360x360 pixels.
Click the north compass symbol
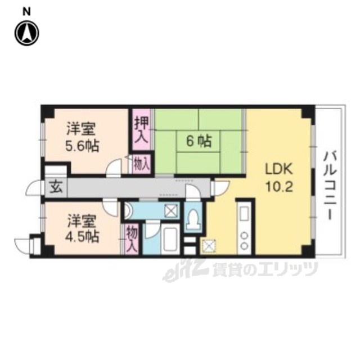pyautogui.click(x=26, y=33)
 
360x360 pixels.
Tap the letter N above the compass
pyautogui.click(x=26, y=12)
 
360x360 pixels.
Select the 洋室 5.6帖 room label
pyautogui.click(x=82, y=137)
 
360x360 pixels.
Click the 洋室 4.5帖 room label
pyautogui.click(x=82, y=229)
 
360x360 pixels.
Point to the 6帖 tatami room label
pyautogui.click(x=199, y=141)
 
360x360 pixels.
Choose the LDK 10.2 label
pyautogui.click(x=279, y=178)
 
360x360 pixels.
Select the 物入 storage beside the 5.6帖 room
pyautogui.click(x=142, y=164)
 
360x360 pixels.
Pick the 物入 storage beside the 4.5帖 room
pyautogui.click(x=132, y=239)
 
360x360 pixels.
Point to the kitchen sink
pyautogui.click(x=244, y=214)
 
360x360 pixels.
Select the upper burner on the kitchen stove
pyautogui.click(x=244, y=235)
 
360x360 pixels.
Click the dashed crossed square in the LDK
pyautogui.click(x=209, y=246)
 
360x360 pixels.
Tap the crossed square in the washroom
pyautogui.click(x=172, y=210)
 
